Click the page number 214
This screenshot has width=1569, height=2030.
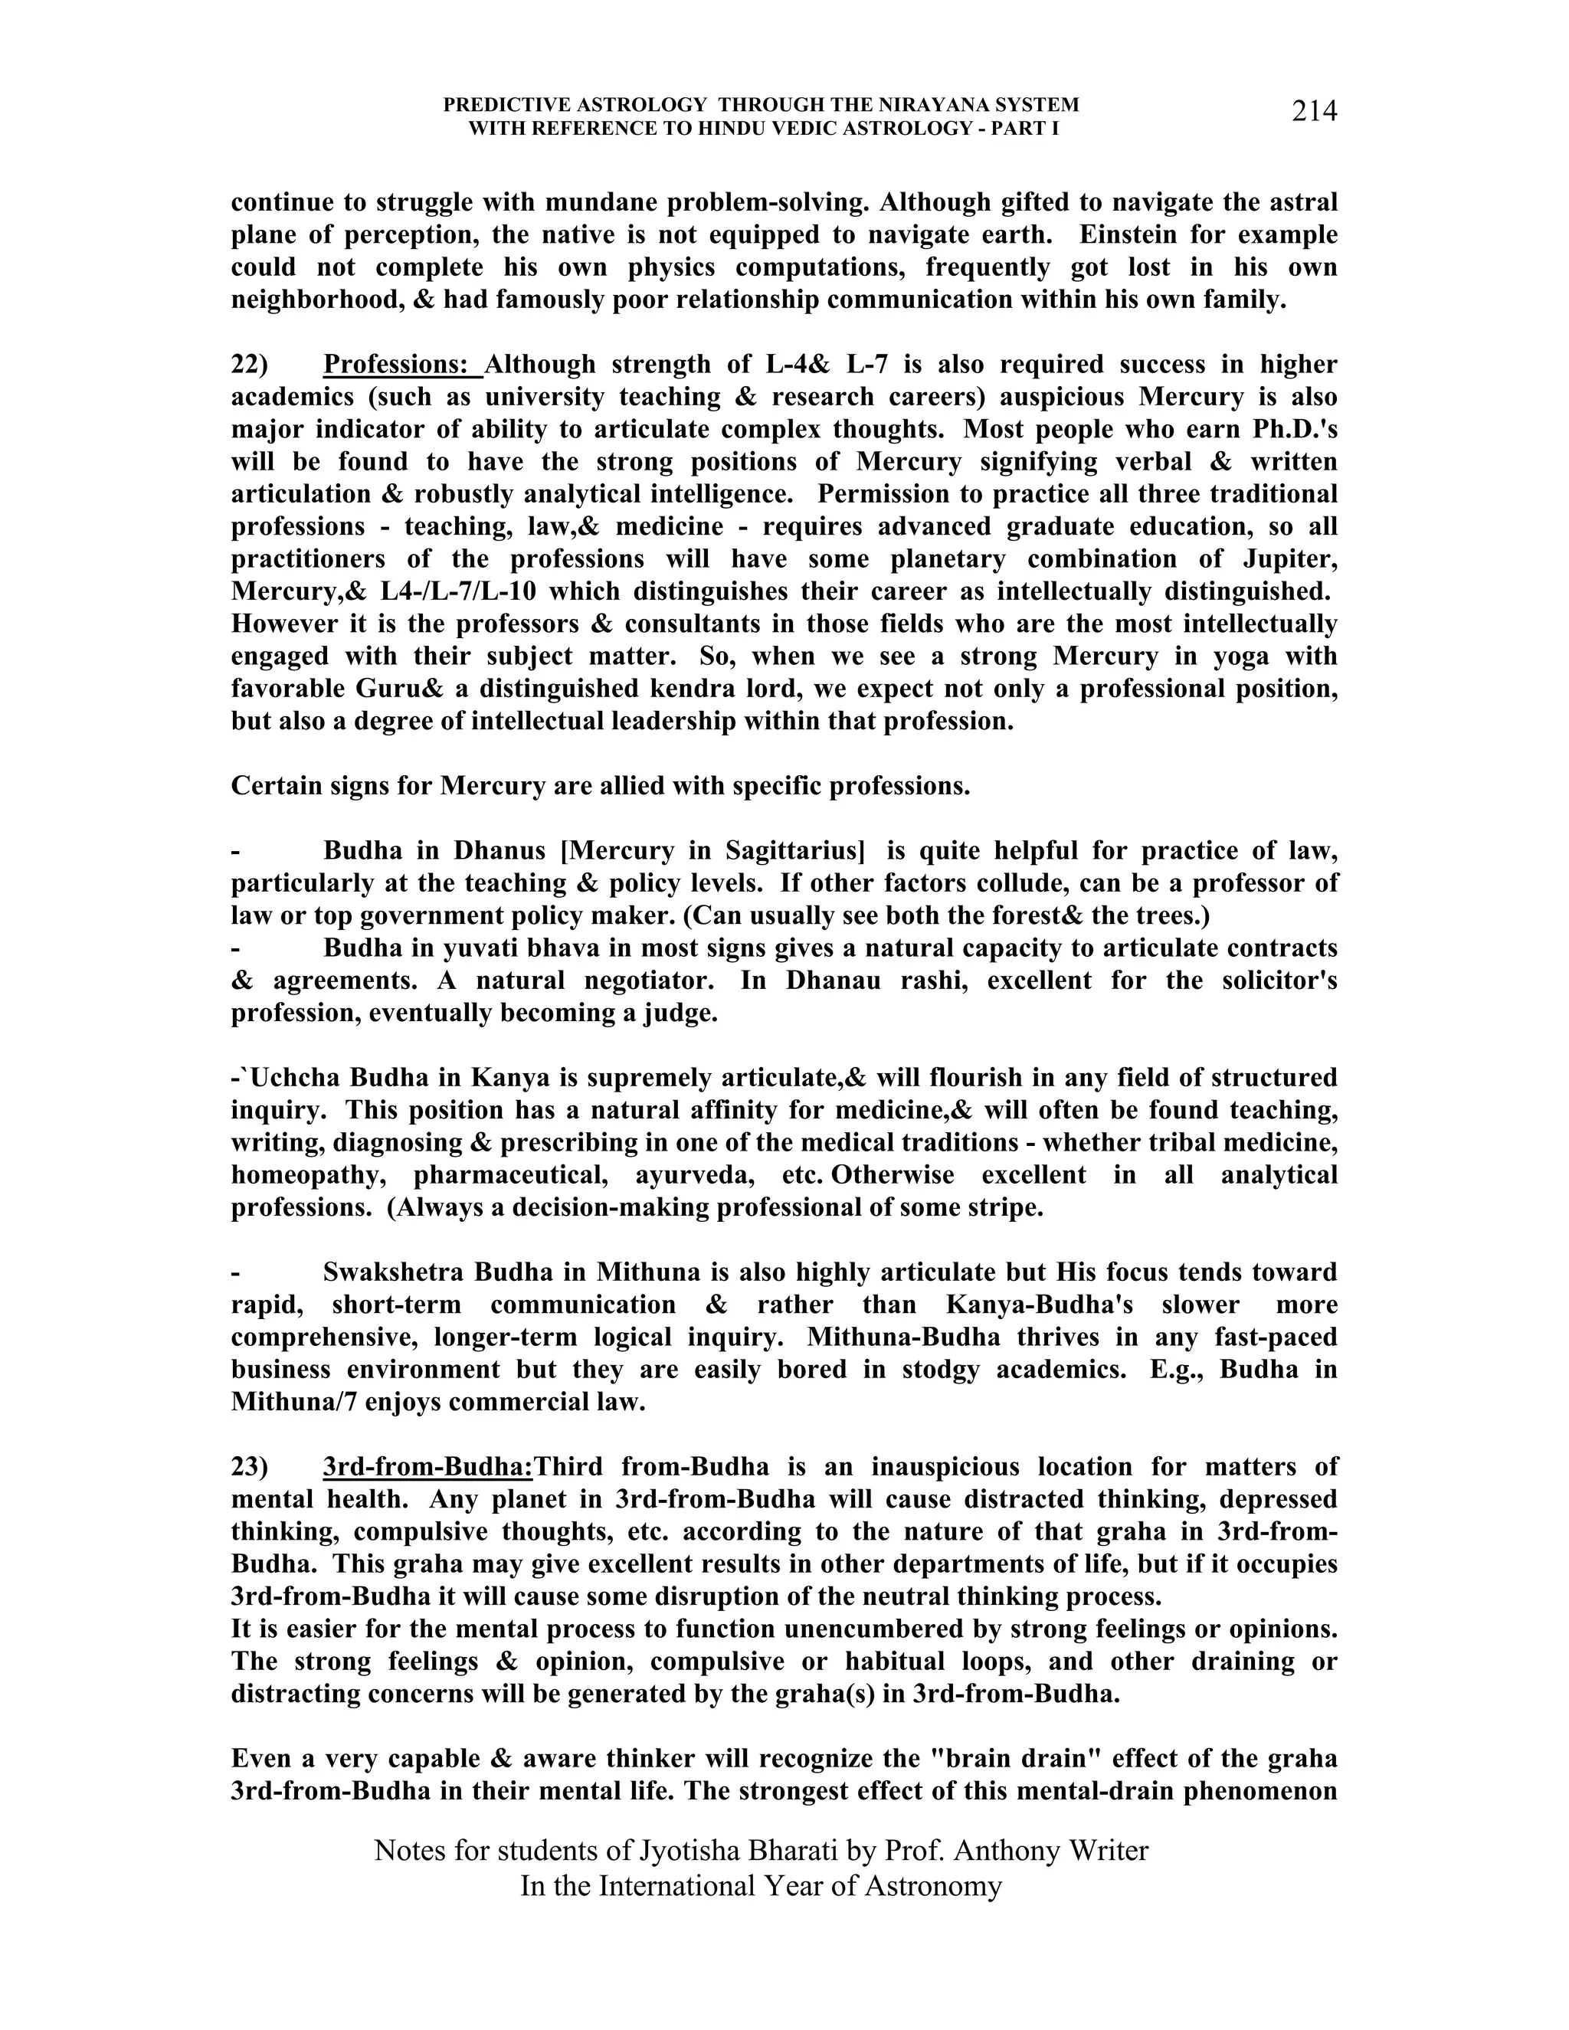1313,112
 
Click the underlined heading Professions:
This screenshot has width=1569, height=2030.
401,365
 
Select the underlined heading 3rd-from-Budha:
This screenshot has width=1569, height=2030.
427,1467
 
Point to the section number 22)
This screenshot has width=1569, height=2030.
249,365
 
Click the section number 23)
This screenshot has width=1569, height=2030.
249,1467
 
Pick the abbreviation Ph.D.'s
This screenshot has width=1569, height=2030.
1287,430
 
